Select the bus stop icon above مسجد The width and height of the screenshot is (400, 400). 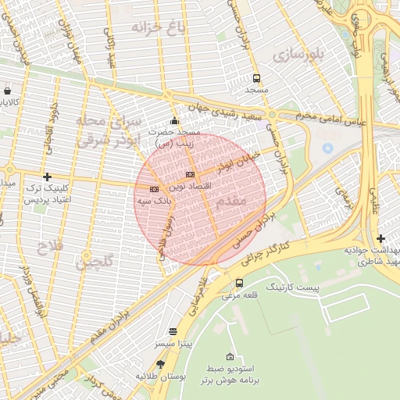(x=256, y=78)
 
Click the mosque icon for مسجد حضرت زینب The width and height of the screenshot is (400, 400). (x=174, y=121)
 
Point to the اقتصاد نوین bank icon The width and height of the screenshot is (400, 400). (x=190, y=174)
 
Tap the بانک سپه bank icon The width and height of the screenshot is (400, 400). (x=154, y=188)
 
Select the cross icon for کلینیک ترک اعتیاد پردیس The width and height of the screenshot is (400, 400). (x=48, y=177)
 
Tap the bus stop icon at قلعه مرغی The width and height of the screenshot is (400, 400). (x=238, y=283)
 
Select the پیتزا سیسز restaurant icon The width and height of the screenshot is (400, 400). (x=173, y=331)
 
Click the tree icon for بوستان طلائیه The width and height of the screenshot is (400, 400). (x=161, y=364)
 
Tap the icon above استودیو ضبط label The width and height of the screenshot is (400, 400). (x=229, y=355)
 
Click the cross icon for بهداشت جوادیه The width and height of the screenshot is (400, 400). (x=380, y=238)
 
